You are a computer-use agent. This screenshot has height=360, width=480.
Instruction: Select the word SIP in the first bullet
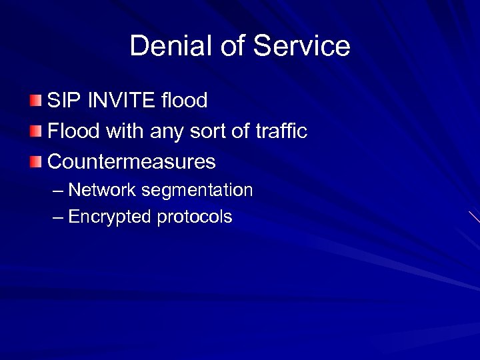point(63,101)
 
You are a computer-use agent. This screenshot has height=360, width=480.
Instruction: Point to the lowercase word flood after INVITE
point(184,101)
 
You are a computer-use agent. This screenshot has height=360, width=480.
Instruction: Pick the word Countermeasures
point(131,162)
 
